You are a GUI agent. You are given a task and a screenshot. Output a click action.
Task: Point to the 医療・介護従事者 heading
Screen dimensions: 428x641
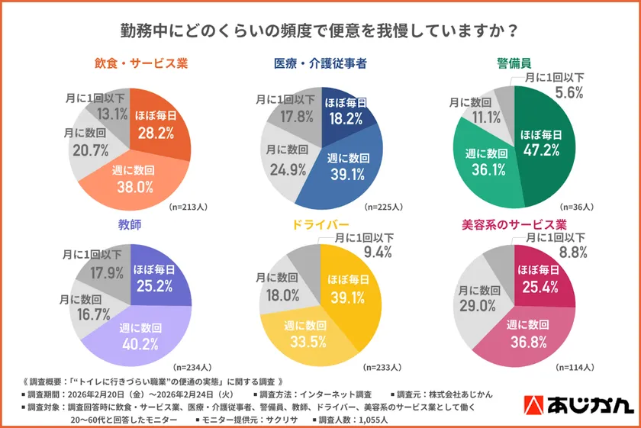tap(320, 63)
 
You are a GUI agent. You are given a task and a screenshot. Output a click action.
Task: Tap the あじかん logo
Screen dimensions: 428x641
tap(580, 405)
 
